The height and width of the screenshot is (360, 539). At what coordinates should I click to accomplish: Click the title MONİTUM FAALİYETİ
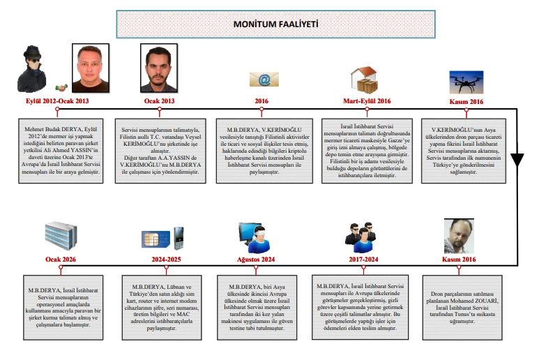tap(276, 24)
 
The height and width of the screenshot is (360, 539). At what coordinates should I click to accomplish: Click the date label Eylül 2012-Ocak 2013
tap(56, 100)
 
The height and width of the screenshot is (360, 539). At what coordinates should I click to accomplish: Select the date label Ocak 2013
tap(159, 100)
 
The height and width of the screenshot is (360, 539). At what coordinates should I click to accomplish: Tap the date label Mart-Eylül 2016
tap(365, 100)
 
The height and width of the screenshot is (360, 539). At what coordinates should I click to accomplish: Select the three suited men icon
tap(360, 237)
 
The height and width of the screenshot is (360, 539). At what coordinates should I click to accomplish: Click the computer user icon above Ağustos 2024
tap(256, 237)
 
